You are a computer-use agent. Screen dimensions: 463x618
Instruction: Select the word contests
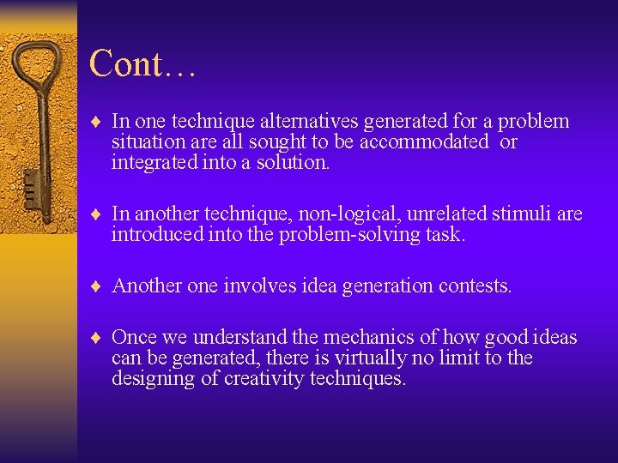pos(475,286)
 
